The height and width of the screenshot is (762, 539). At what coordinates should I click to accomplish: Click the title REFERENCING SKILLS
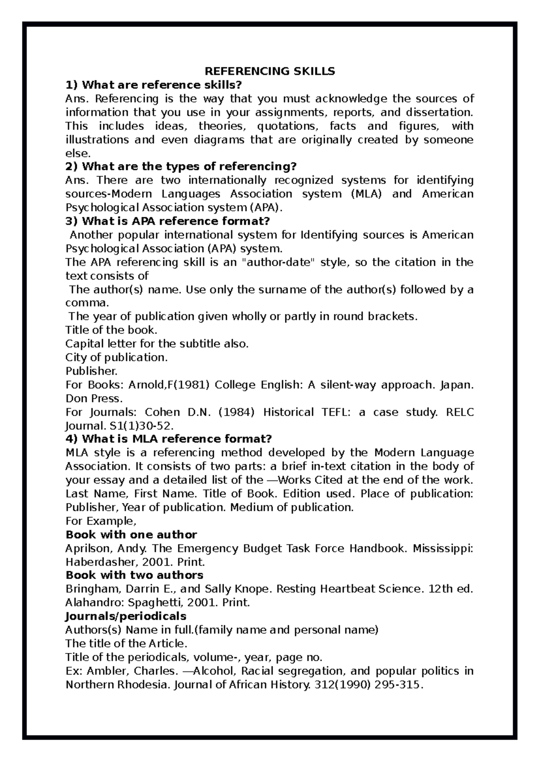(270, 71)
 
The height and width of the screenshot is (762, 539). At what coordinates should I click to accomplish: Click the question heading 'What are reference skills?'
(154, 85)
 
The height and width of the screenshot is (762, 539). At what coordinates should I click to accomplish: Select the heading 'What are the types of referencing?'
(181, 166)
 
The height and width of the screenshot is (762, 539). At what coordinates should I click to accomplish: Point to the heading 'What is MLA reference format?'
(169, 439)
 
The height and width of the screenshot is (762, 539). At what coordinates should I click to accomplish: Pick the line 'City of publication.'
(116, 358)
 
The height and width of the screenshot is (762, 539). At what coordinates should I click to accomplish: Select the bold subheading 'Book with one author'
(131, 534)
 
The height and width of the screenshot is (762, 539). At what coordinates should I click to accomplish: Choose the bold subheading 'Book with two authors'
(134, 575)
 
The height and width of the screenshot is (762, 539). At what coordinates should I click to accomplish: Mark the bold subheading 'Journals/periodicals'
(126, 616)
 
